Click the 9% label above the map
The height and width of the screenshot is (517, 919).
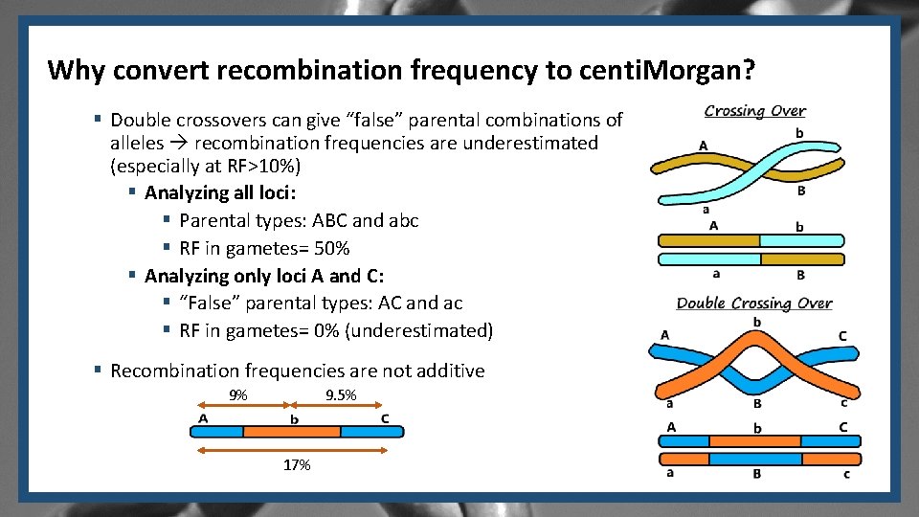(238, 395)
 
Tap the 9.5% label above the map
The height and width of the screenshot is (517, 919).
(341, 395)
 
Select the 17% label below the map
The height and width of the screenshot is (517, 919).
(297, 465)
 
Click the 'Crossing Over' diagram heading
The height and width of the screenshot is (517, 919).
(754, 111)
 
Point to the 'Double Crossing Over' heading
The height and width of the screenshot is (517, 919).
(753, 303)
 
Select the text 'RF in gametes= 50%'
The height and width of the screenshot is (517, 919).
(264, 249)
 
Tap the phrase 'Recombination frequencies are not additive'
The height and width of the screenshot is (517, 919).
(297, 371)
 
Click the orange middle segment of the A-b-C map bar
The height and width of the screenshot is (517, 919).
(292, 432)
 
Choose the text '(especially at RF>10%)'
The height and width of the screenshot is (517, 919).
(206, 166)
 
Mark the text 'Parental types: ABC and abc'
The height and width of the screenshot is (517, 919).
(299, 221)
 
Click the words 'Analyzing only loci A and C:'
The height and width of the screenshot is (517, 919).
(264, 277)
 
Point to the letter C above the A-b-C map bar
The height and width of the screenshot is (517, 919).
(385, 417)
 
